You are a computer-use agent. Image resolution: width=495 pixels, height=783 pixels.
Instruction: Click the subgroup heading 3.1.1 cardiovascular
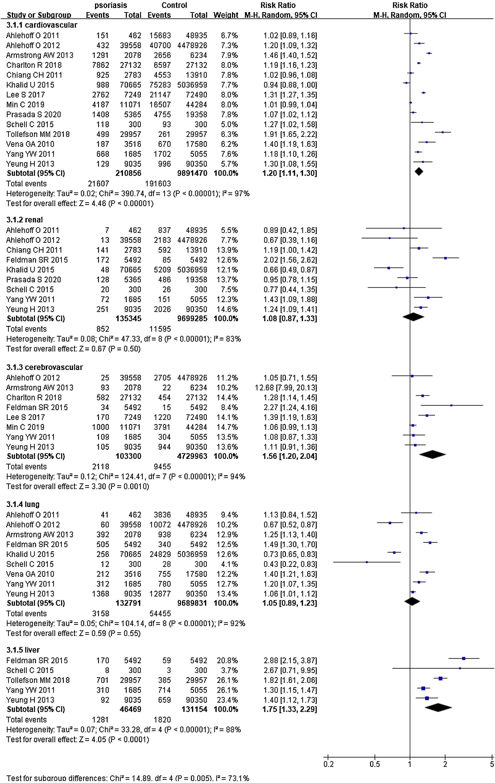[x=42, y=25]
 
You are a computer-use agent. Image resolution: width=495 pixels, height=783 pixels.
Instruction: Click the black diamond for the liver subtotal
[x=438, y=707]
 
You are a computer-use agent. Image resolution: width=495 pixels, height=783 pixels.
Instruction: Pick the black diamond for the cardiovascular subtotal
[x=419, y=171]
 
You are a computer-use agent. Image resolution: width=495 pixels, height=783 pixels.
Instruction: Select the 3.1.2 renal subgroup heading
[x=25, y=220]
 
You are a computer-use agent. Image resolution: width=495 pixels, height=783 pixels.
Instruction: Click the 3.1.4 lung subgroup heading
[x=23, y=504]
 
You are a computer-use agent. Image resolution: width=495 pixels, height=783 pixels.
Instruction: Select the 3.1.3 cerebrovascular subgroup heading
[x=45, y=367]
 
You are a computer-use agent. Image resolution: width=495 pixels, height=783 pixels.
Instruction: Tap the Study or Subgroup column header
[x=39, y=15]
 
